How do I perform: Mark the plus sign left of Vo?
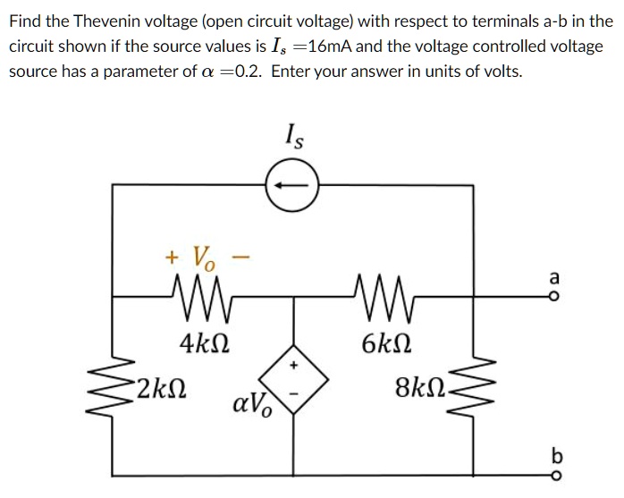(x=171, y=257)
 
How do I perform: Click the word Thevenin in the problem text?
(x=100, y=20)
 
